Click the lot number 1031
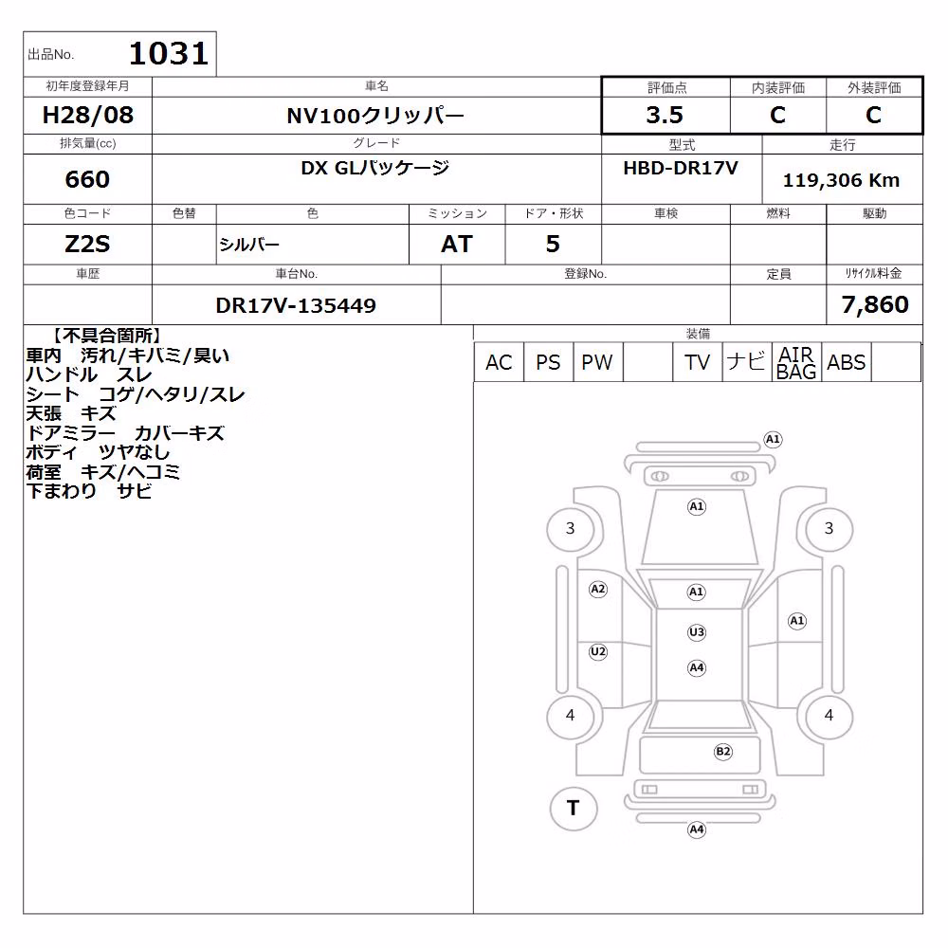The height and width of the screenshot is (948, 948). [x=169, y=53]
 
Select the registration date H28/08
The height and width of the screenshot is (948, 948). [x=87, y=115]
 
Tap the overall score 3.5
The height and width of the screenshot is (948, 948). [x=665, y=115]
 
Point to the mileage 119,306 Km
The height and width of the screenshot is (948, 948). [x=841, y=180]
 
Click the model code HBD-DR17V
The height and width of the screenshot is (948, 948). [x=681, y=168]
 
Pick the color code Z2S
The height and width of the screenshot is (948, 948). [x=87, y=245]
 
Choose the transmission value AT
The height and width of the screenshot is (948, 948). [x=457, y=245]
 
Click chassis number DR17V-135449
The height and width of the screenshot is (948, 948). [x=296, y=305]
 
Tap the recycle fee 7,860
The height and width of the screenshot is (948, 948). [x=875, y=304]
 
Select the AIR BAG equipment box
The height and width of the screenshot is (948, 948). [x=796, y=362]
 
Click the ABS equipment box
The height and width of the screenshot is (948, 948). [x=846, y=362]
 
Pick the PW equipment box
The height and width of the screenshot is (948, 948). [x=597, y=362]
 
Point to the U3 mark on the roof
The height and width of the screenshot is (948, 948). [x=697, y=632]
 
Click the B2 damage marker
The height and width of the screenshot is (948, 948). [x=723, y=752]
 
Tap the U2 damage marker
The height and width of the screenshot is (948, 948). [x=598, y=651]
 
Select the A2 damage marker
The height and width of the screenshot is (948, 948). [x=598, y=589]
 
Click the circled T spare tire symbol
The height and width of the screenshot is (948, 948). [x=574, y=808]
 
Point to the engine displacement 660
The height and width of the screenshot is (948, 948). [x=87, y=179]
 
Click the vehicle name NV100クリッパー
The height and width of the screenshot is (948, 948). [x=375, y=115]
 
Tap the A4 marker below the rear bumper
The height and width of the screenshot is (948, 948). [x=697, y=829]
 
